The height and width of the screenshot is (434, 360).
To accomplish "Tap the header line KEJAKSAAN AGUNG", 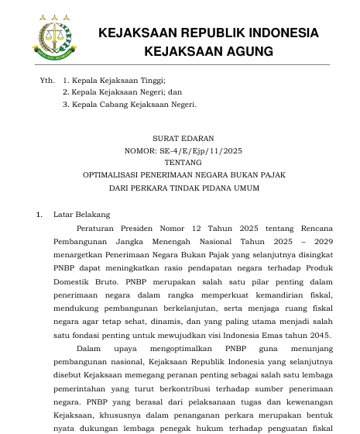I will pyautogui.click(x=209, y=51).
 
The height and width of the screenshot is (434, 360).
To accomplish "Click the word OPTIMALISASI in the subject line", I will pyautogui.click(x=115, y=175).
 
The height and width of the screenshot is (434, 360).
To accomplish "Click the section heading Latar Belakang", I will pyautogui.click(x=81, y=214).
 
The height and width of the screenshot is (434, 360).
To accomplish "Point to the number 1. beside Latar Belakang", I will pyautogui.click(x=39, y=214).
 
